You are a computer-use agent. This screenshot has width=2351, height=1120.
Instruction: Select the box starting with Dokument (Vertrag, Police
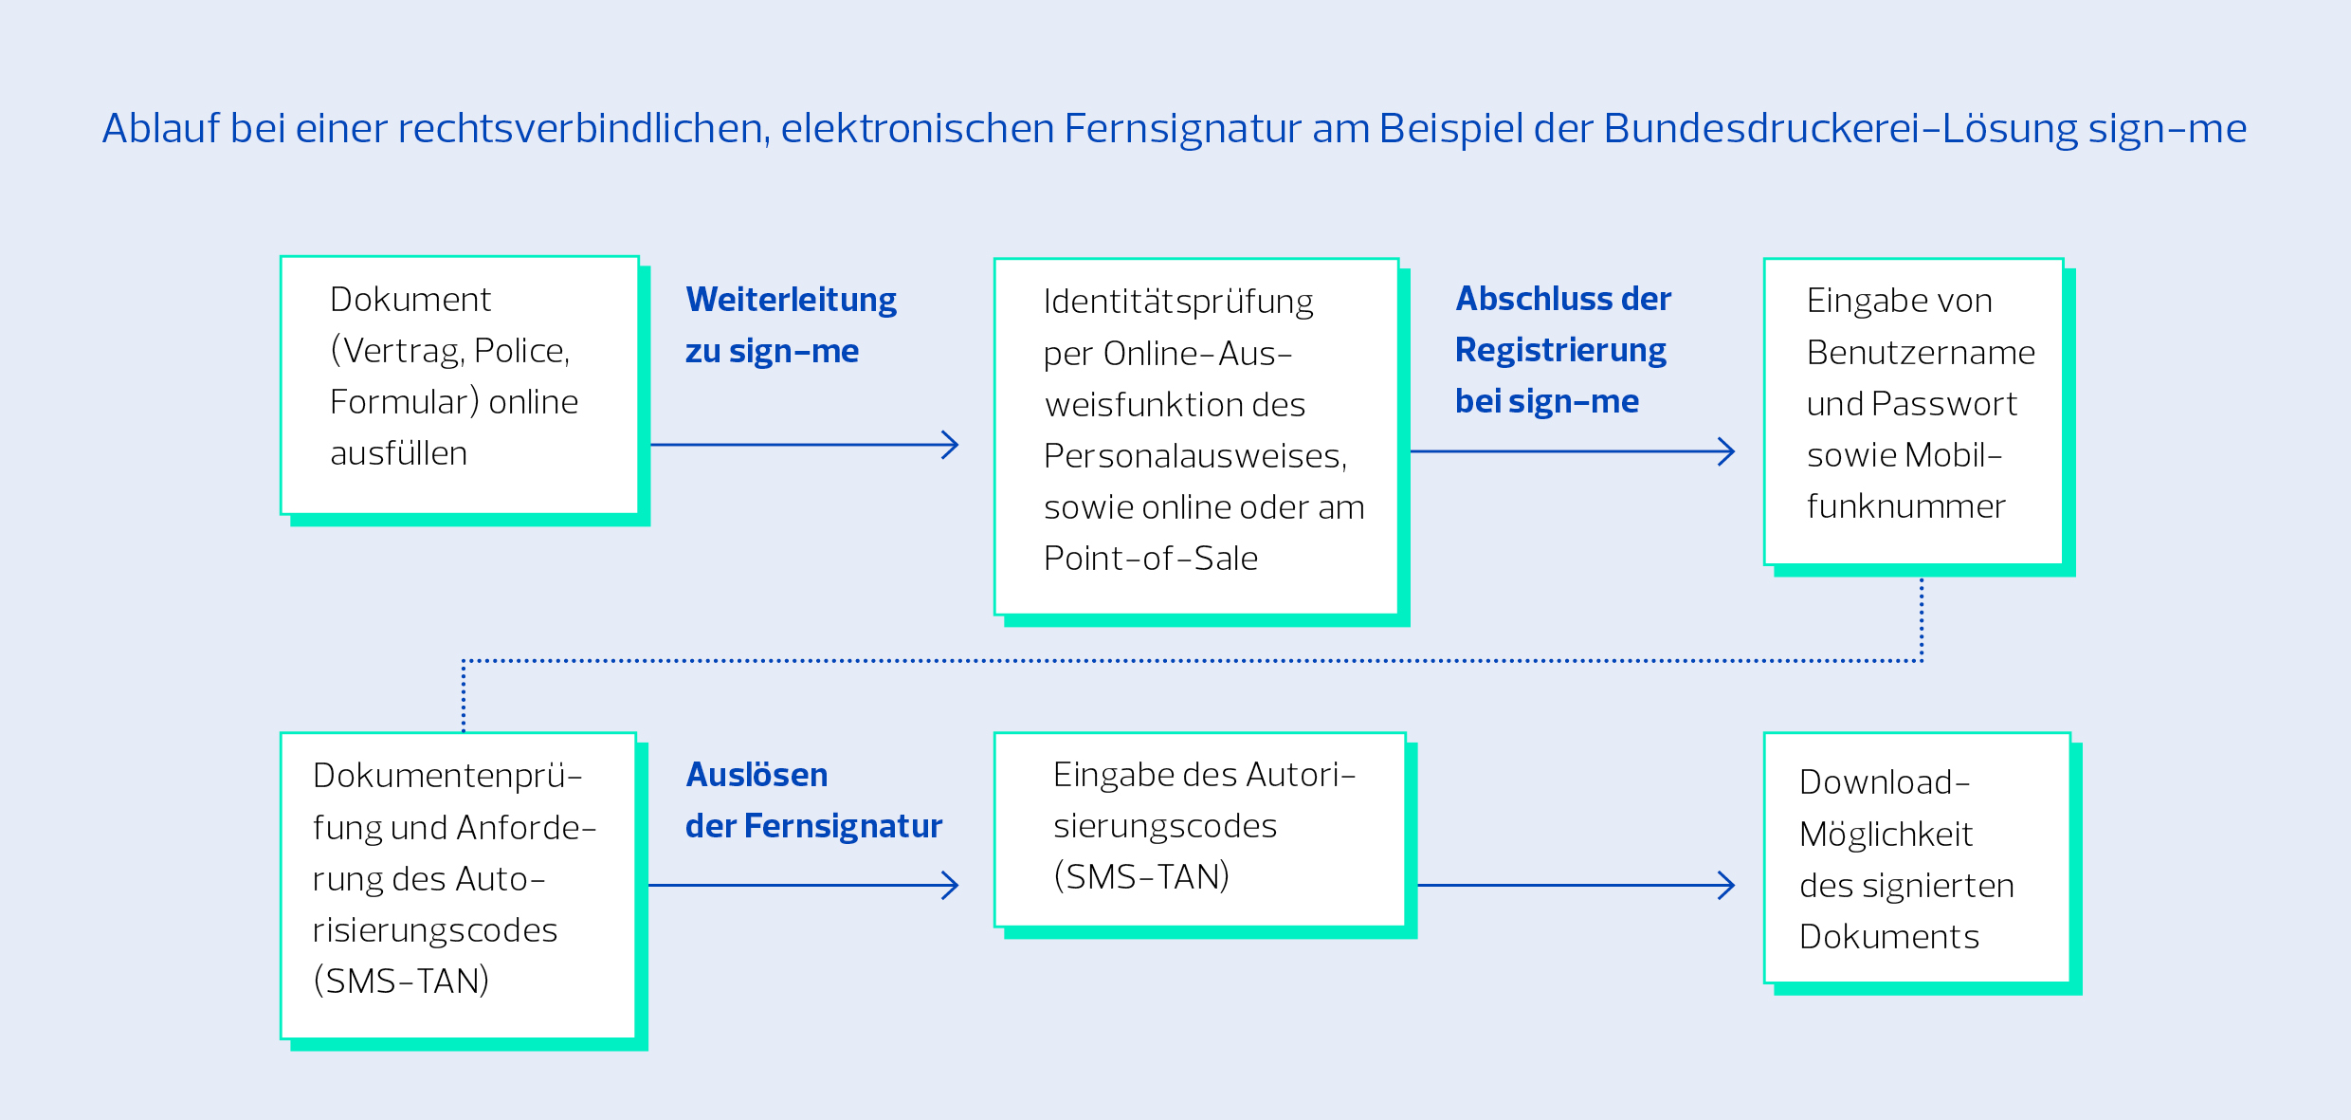[x=460, y=385]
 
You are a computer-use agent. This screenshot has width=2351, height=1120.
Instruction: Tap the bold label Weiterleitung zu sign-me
[x=791, y=325]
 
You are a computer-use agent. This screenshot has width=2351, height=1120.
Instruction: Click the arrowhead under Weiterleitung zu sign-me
[x=950, y=445]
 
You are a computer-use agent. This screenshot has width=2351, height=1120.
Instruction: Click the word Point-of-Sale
[x=1151, y=559]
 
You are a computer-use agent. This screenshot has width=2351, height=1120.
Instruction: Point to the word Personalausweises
[x=1195, y=456]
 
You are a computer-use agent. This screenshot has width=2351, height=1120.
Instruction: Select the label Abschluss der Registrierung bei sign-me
[x=1563, y=350]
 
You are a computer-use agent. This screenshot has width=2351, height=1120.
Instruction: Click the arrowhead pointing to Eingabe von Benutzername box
[x=1726, y=451]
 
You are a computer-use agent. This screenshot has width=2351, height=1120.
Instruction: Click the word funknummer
[x=1906, y=506]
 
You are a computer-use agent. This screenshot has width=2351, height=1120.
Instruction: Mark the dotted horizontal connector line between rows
[x=1193, y=661]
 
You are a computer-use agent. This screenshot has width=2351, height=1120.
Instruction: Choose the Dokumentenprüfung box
[x=459, y=886]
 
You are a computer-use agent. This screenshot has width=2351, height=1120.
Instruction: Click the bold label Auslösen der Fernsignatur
[x=813, y=800]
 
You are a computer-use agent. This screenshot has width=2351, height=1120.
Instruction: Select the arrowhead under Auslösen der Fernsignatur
[x=950, y=886]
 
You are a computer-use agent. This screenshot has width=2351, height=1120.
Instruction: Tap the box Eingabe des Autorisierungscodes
[x=1200, y=830]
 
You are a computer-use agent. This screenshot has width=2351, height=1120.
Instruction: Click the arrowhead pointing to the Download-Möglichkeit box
[x=1726, y=886]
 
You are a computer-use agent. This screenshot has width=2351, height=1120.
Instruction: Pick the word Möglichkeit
[x=1886, y=835]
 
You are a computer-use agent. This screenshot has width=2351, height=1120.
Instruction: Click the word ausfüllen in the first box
[x=399, y=453]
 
